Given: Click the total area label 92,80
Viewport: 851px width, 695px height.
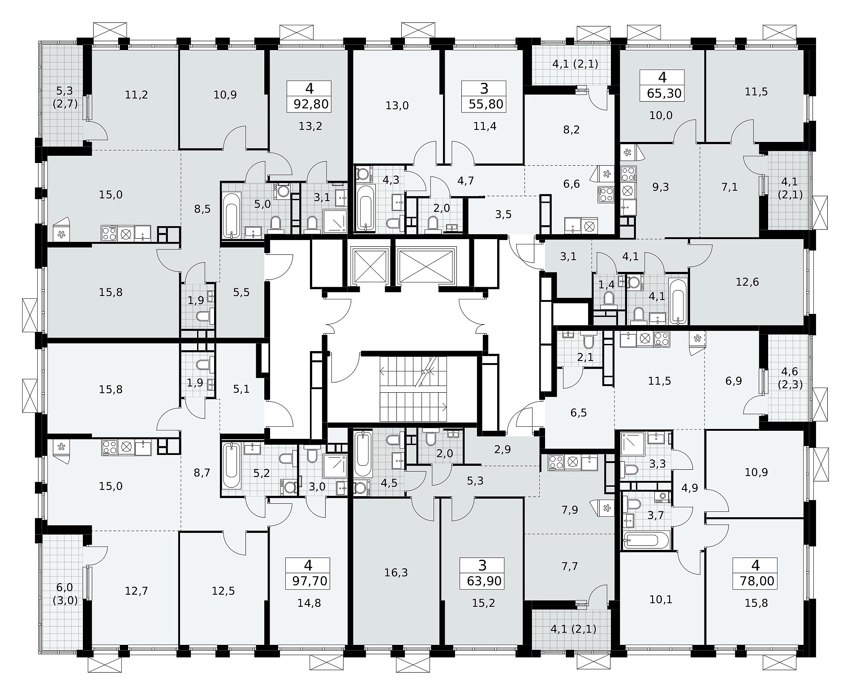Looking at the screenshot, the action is [311, 105].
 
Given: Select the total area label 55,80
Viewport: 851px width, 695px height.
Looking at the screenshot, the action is [486, 105].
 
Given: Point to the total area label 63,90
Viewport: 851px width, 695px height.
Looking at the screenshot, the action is [484, 582].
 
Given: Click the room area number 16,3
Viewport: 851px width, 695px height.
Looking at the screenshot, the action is [396, 572].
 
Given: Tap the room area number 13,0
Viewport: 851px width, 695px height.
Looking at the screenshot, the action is [397, 106].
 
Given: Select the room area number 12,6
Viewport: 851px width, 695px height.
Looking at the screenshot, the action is [748, 282].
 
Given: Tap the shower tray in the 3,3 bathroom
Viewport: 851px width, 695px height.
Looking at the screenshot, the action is [632, 444].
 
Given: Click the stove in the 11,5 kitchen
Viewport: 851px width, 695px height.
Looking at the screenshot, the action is [662, 339].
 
